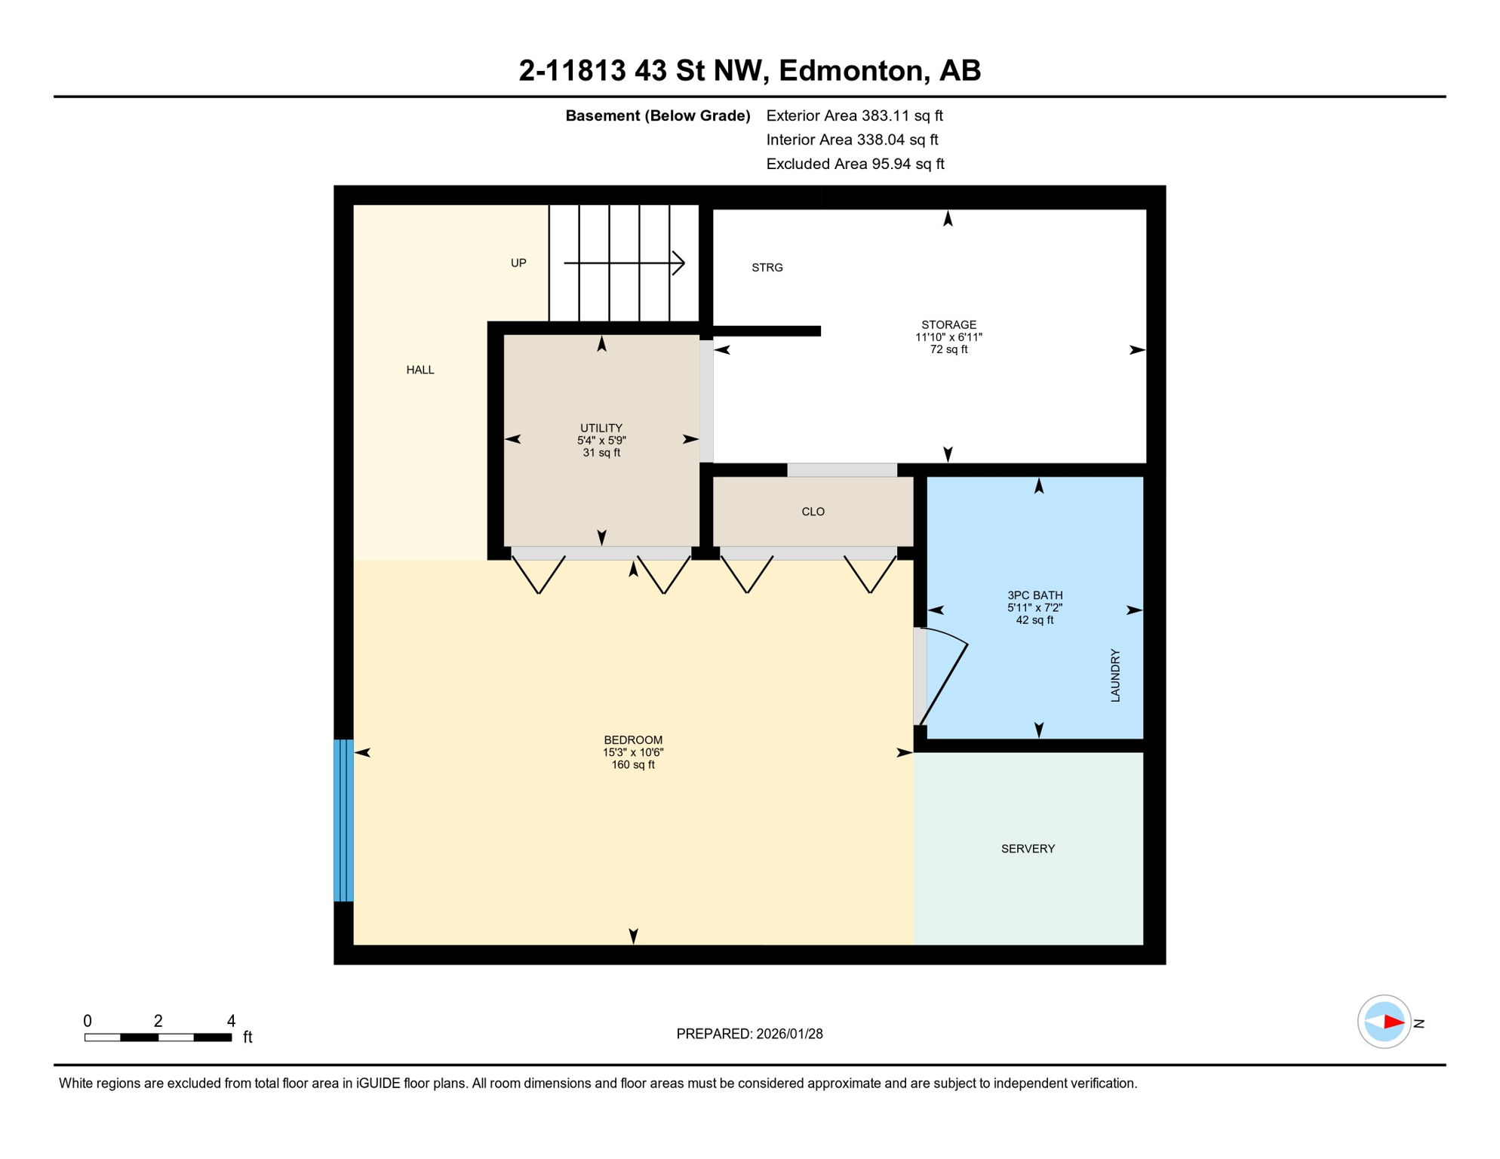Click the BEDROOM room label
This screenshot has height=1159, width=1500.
tap(632, 740)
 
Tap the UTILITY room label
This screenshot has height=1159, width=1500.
tap(601, 428)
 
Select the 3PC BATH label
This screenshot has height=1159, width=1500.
tap(1034, 595)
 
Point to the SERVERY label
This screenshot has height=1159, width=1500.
tap(1028, 849)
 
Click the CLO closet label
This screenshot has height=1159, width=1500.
tap(813, 512)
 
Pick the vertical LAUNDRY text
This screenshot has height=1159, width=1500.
tap(1115, 675)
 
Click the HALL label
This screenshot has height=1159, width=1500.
tap(420, 370)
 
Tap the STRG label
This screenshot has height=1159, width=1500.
tap(767, 267)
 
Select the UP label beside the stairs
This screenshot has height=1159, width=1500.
tap(518, 263)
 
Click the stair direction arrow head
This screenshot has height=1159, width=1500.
tap(679, 263)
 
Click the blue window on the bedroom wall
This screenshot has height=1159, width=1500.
tap(343, 820)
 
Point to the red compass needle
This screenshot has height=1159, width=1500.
tap(1393, 1022)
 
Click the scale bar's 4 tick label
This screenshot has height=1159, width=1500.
tap(231, 1021)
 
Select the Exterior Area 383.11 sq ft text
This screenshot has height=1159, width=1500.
tap(854, 115)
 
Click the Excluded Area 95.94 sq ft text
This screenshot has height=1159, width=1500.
tap(855, 164)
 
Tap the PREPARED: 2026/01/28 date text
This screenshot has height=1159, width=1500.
tap(749, 1034)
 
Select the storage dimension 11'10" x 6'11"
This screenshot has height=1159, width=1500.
tap(948, 337)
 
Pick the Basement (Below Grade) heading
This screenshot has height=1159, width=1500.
tap(657, 115)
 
